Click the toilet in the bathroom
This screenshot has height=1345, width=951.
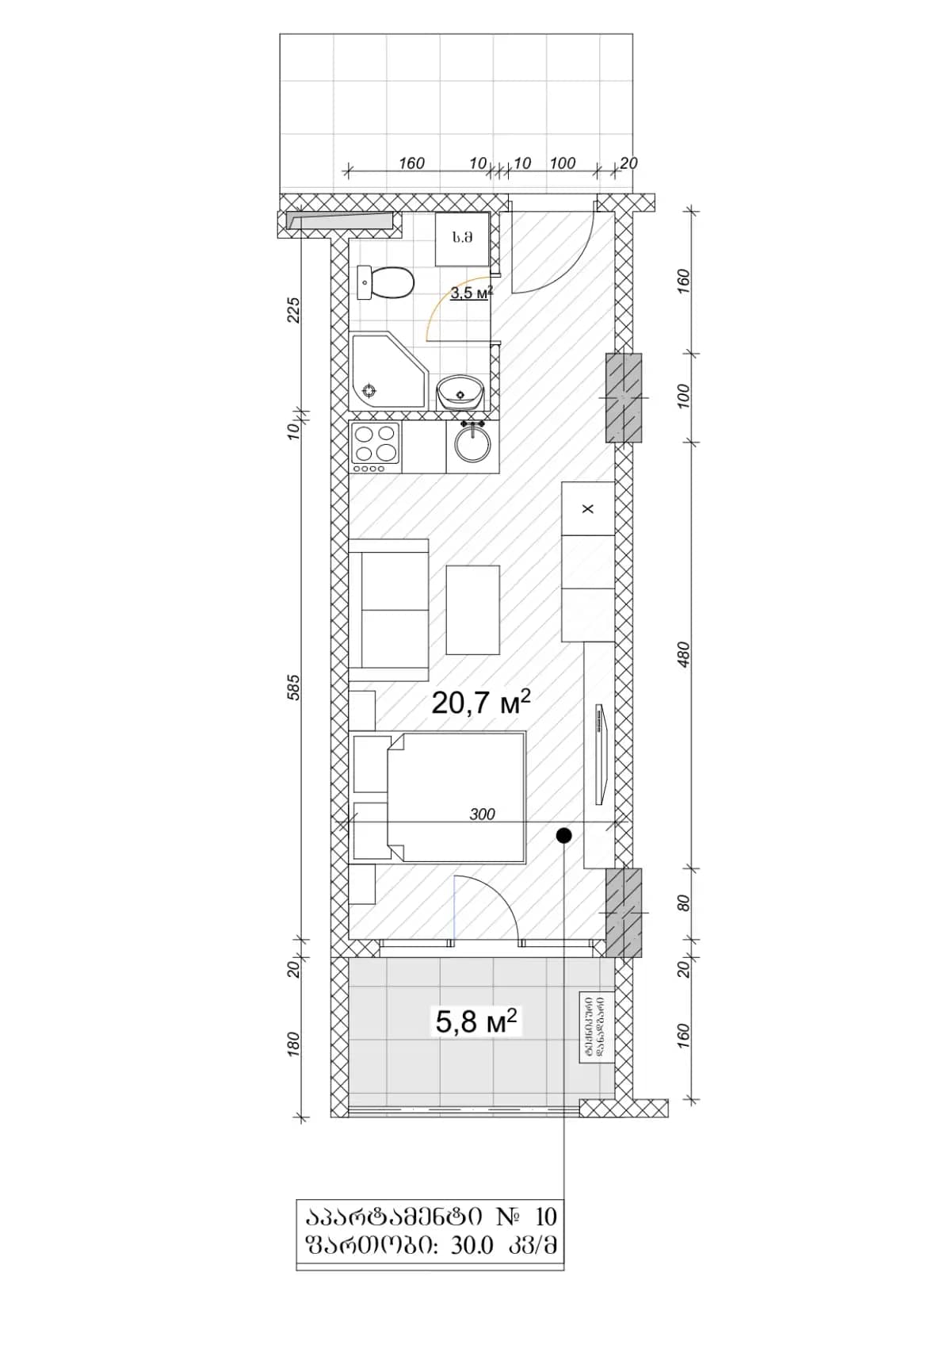[x=388, y=283]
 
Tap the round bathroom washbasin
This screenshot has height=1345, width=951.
[x=460, y=391]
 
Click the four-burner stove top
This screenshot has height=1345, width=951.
[x=376, y=444]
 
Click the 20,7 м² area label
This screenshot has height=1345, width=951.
[x=480, y=703]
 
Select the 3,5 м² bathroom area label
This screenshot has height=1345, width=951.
[x=472, y=293]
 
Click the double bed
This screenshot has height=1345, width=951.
[x=456, y=798]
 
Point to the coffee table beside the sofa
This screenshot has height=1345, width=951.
[x=472, y=609]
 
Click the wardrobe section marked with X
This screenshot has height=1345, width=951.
[x=588, y=508]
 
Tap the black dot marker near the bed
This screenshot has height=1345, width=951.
[x=563, y=835]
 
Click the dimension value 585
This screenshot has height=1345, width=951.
[x=294, y=687]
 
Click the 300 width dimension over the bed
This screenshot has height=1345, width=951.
[x=482, y=814]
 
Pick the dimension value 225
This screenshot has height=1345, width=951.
[x=294, y=309]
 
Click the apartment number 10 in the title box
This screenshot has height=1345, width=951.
[x=546, y=1216]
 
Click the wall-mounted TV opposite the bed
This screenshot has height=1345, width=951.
[x=601, y=753]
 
